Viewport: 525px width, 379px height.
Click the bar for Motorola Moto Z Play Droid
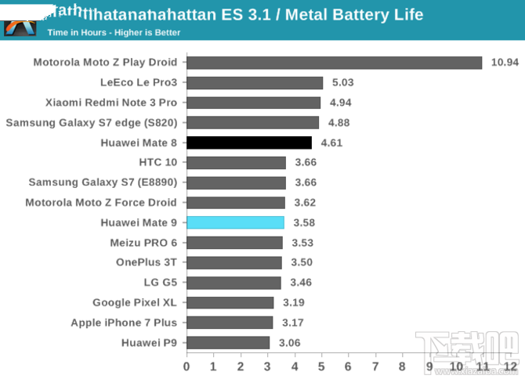click(334, 63)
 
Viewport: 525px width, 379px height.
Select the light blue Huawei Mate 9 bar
click(235, 222)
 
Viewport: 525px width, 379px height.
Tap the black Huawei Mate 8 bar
click(249, 143)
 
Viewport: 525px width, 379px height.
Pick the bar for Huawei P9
click(228, 342)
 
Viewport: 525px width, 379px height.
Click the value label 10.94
click(505, 63)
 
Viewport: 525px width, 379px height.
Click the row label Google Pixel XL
click(135, 302)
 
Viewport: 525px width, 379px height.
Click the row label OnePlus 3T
click(147, 262)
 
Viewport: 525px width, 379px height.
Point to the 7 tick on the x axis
click(375, 366)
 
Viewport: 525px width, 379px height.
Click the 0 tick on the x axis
click(186, 366)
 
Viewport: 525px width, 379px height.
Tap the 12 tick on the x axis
click(510, 366)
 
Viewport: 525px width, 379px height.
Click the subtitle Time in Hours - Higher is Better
click(114, 33)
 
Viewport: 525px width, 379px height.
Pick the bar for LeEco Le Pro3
click(255, 82)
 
